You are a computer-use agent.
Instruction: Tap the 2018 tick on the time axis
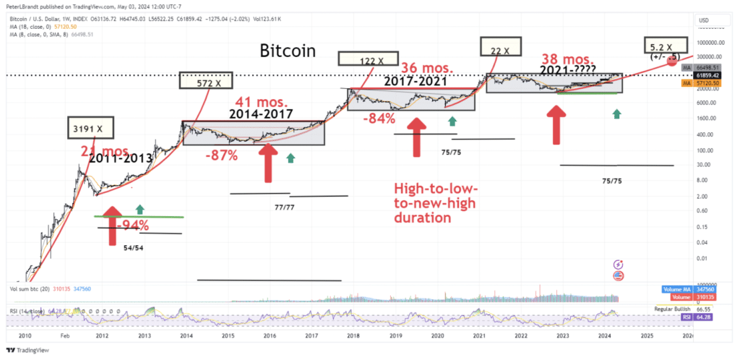pos(353,336)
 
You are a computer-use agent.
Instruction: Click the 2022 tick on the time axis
pos(521,336)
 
